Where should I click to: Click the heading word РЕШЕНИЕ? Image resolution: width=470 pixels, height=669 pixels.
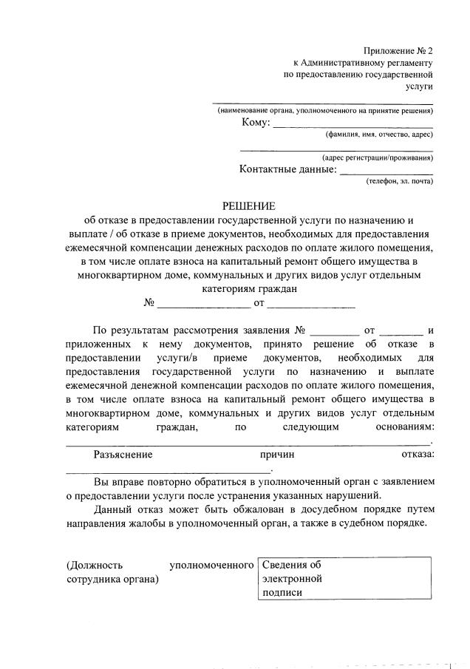[248, 206]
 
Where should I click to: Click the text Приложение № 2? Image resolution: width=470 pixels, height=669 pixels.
[398, 51]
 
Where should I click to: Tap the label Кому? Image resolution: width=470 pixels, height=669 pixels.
[255, 123]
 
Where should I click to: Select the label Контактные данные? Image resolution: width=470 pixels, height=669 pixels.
[287, 169]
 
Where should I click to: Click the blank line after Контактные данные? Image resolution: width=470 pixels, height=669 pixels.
[386, 172]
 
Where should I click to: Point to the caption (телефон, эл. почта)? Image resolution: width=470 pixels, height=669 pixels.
[399, 181]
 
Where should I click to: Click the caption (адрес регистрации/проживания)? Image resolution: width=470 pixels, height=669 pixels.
[378, 157]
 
